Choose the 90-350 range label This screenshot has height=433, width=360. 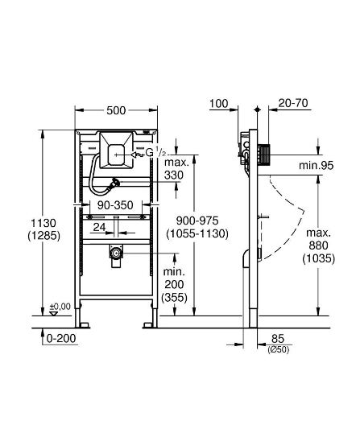112,206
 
